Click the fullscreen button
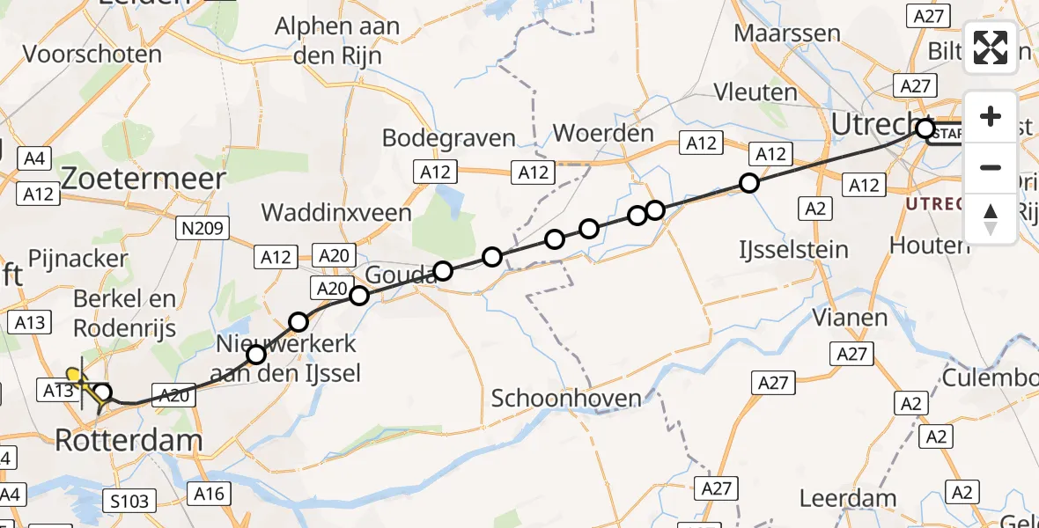pyautogui.click(x=991, y=48)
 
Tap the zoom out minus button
pyautogui.click(x=991, y=167)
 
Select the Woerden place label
pyautogui.click(x=604, y=135)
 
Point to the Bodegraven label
pyautogui.click(x=448, y=138)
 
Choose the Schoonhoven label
pyautogui.click(x=566, y=398)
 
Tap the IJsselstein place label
pyautogui.click(x=793, y=250)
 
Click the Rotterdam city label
pyautogui.click(x=129, y=440)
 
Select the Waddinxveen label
pyautogui.click(x=336, y=213)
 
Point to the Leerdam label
pyautogui.click(x=841, y=498)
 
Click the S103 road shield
pyautogui.click(x=129, y=501)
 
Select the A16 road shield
pyautogui.click(x=210, y=494)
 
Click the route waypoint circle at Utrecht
pyautogui.click(x=925, y=129)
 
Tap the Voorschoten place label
pyautogui.click(x=92, y=55)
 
